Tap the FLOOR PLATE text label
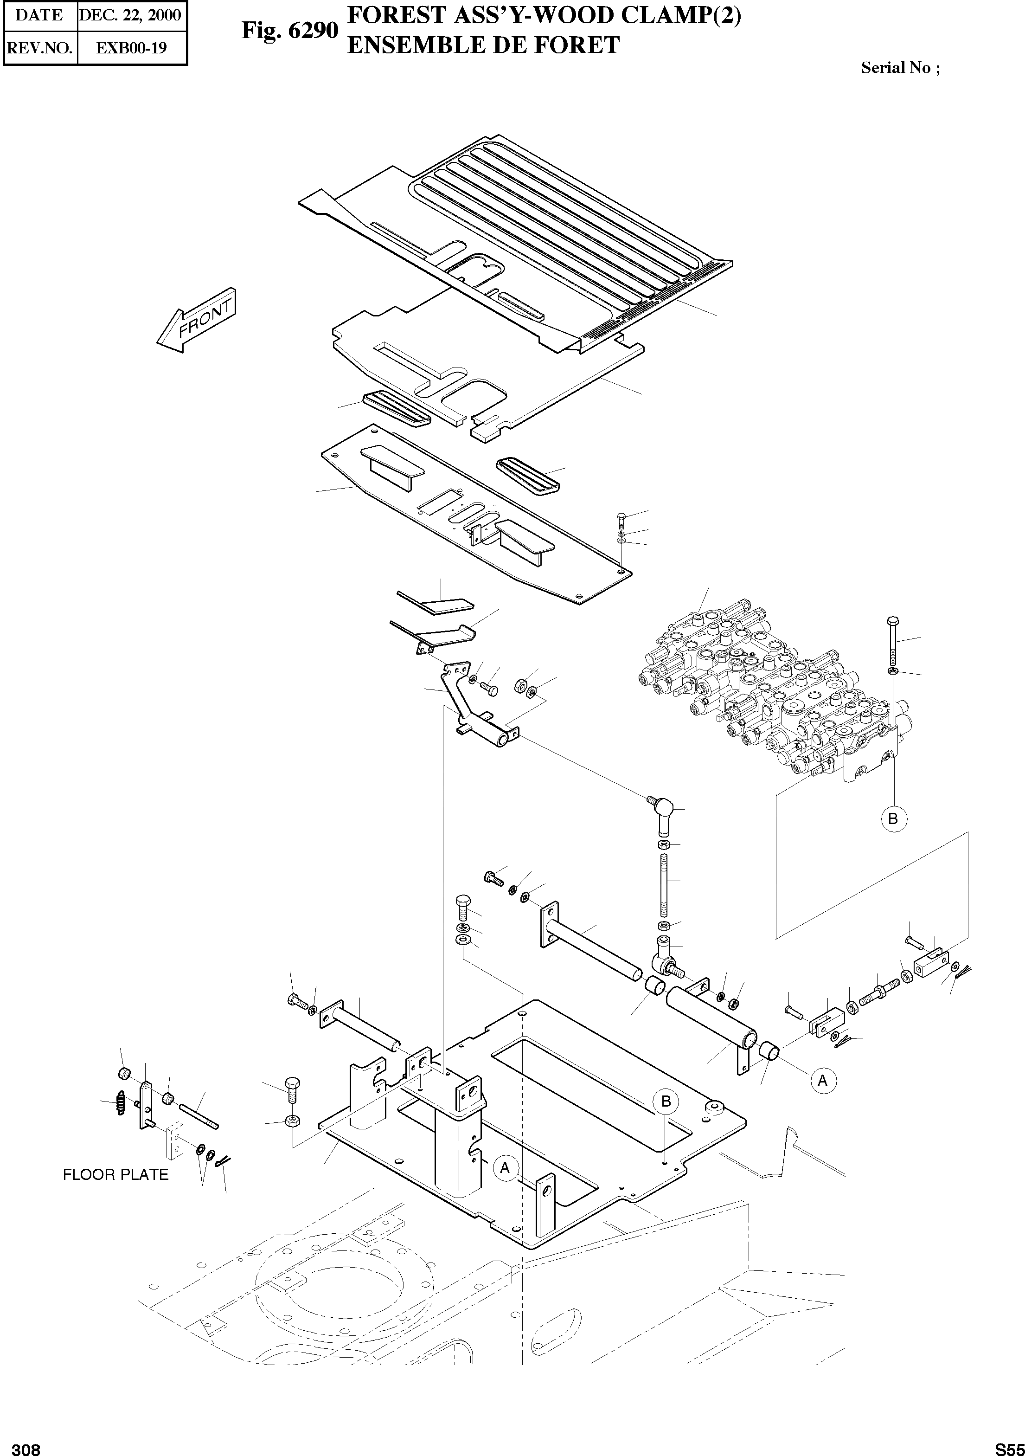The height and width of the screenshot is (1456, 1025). point(115,1174)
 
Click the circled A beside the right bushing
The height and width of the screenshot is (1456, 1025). point(822,1080)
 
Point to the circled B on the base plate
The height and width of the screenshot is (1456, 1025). point(666,1102)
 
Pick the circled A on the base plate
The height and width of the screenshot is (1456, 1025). point(505,1167)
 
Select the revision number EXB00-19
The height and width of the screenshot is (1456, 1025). point(131,48)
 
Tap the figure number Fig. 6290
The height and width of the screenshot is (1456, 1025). point(290,30)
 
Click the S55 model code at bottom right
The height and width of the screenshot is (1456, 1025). point(1008,1449)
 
